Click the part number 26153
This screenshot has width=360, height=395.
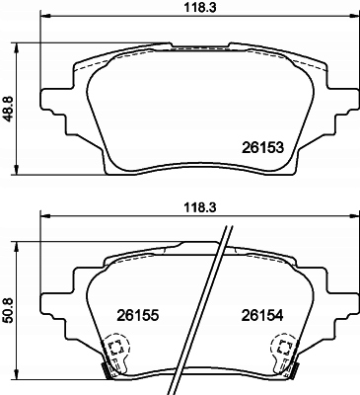(262, 147)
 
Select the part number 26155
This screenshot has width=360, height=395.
(138, 316)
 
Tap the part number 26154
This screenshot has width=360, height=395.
(262, 316)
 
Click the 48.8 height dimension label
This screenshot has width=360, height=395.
(9, 109)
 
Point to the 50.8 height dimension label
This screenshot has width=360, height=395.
(9, 310)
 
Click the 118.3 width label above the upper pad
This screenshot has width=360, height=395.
(199, 7)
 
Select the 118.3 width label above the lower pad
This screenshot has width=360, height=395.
(199, 208)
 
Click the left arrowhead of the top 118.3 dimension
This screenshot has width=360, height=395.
(45, 16)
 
